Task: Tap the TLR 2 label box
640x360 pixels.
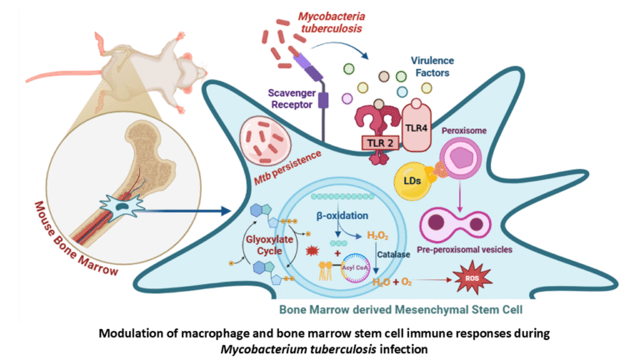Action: [x=380, y=143]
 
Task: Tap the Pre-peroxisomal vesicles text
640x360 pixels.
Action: [x=474, y=248]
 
